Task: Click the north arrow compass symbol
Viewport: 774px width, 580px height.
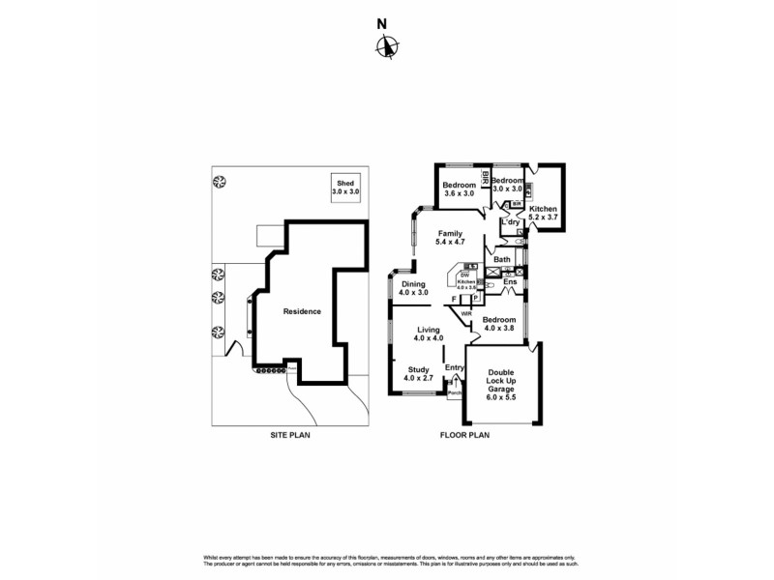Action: point(387,45)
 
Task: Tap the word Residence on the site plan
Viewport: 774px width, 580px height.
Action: point(302,311)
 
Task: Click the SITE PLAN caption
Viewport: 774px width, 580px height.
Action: point(289,436)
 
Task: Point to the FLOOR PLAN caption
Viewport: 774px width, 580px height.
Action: point(466,436)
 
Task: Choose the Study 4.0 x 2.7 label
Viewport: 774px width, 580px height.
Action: point(418,374)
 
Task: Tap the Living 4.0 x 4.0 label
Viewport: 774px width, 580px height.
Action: point(428,333)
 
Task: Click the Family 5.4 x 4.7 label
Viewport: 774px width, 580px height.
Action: point(450,239)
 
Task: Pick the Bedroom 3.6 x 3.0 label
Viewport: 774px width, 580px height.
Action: point(459,189)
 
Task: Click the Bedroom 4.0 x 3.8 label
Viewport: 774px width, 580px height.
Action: point(499,324)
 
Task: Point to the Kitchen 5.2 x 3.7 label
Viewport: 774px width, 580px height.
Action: point(543,214)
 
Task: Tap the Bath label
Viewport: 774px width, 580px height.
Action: point(502,260)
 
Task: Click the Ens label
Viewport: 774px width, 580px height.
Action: point(510,282)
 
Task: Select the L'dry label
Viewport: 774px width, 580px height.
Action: point(511,223)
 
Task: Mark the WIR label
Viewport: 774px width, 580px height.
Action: point(466,313)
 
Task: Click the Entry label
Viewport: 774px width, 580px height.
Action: point(454,367)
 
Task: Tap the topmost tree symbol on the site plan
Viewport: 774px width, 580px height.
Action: point(221,180)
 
